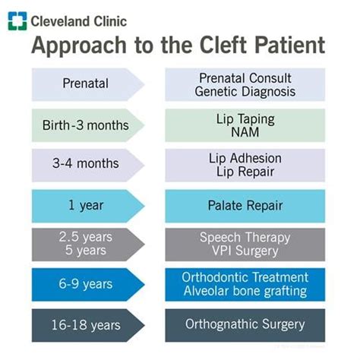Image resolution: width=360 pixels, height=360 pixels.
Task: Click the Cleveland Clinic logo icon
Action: pyautogui.click(x=17, y=21)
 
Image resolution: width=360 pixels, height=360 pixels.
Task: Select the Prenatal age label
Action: pyautogui.click(x=86, y=84)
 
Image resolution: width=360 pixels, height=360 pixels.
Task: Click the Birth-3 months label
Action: pyautogui.click(x=86, y=125)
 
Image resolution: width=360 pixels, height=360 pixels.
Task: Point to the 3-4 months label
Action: pyautogui.click(x=86, y=163)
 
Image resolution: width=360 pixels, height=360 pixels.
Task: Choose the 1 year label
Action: pyautogui.click(x=86, y=205)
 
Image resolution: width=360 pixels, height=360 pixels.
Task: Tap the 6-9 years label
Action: pyautogui.click(x=86, y=284)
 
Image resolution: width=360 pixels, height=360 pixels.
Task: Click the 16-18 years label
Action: pyautogui.click(x=86, y=325)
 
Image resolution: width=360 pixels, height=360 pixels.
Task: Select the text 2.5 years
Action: pyautogui.click(x=86, y=237)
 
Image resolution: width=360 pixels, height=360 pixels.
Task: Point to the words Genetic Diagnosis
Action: pyautogui.click(x=245, y=92)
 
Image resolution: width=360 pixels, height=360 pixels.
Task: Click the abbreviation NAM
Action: pyautogui.click(x=245, y=132)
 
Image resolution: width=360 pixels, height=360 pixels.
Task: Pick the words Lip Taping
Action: pyautogui.click(x=245, y=119)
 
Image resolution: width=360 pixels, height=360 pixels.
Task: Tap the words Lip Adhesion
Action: pyautogui.click(x=245, y=159)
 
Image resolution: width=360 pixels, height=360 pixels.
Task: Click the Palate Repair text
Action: pyautogui.click(x=245, y=205)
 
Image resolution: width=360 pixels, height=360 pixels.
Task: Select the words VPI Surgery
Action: pyautogui.click(x=245, y=251)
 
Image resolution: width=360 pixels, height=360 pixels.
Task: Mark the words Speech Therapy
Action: pyautogui.click(x=245, y=238)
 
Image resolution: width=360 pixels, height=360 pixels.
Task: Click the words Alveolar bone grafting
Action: pyautogui.click(x=245, y=291)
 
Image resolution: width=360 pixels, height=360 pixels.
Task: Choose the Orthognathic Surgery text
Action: pyautogui.click(x=245, y=324)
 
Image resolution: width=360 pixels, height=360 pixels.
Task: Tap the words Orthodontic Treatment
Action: pyautogui.click(x=245, y=277)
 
